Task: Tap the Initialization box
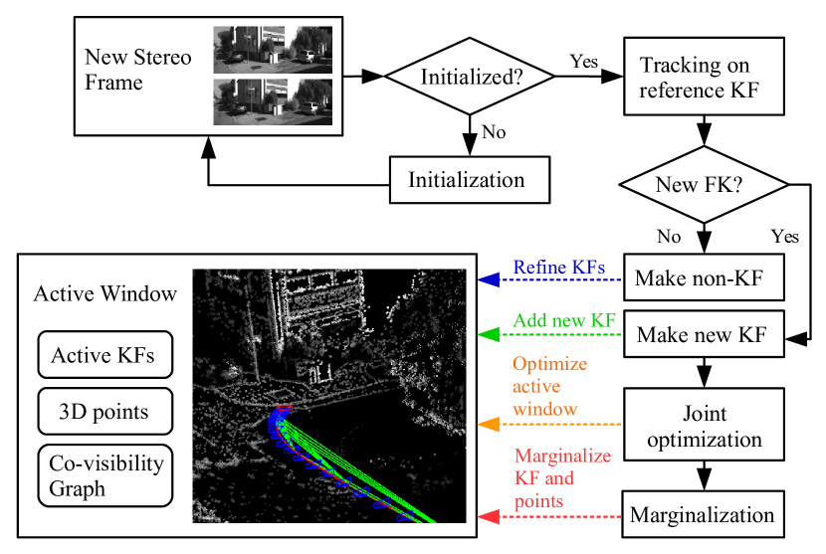[x=466, y=181]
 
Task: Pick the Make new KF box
[x=704, y=335]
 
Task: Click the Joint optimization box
[x=704, y=425]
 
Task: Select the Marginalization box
[x=704, y=515]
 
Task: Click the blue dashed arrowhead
[x=487, y=279]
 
